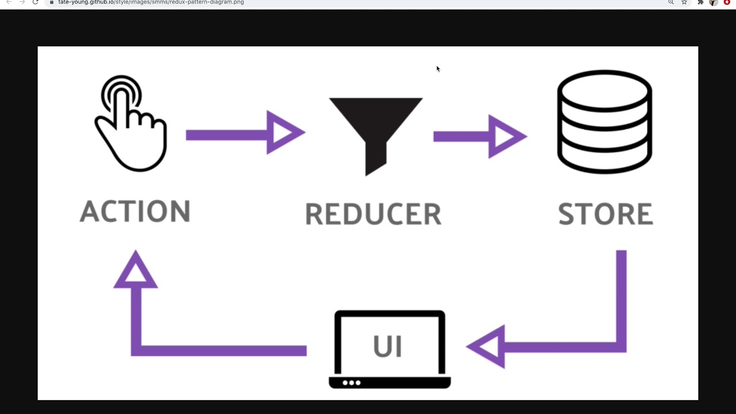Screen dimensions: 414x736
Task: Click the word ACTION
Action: [x=135, y=211]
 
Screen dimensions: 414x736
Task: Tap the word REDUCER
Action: [x=373, y=214]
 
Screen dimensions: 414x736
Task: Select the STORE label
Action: [x=605, y=214]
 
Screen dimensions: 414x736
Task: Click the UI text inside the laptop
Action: [x=387, y=346]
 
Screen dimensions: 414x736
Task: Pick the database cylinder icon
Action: [x=604, y=121]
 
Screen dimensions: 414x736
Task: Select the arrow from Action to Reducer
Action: [x=244, y=134]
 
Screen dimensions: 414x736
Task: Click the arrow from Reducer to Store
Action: [x=479, y=136]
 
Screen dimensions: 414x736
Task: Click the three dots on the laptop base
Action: [x=351, y=382]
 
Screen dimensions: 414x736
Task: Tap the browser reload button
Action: [x=36, y=2]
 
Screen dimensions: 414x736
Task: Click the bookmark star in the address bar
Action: [x=684, y=2]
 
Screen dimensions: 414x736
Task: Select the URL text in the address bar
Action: [x=151, y=2]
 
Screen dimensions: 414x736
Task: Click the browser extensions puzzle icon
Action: [x=700, y=2]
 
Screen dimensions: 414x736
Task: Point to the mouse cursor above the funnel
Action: [x=438, y=69]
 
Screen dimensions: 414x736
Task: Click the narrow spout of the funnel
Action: [x=375, y=158]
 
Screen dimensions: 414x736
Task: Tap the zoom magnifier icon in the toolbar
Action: [x=670, y=2]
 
